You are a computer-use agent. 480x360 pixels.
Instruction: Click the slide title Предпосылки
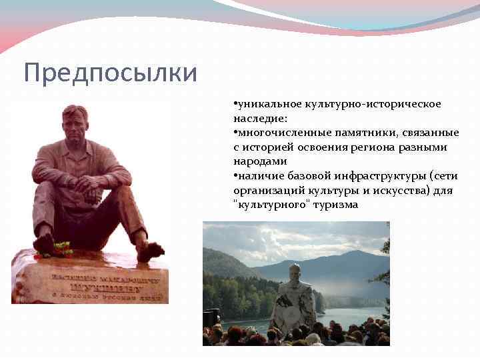111,73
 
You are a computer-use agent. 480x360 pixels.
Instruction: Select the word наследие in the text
259,119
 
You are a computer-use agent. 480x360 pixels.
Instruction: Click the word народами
259,161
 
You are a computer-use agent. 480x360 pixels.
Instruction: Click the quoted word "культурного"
267,205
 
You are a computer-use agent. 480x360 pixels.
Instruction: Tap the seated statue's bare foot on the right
150,251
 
